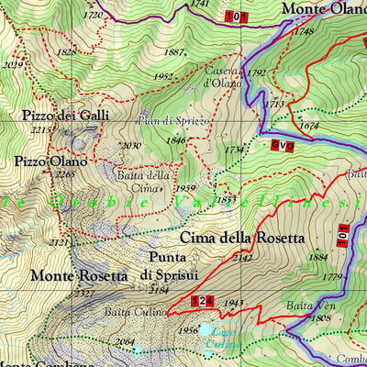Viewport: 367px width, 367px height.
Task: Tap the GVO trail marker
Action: coord(282,145)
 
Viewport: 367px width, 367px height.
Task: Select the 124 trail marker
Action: coord(203,301)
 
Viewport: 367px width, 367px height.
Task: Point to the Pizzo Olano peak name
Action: coord(50,161)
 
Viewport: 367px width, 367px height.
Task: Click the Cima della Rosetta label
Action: coord(241,238)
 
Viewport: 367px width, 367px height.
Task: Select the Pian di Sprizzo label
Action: coord(175,121)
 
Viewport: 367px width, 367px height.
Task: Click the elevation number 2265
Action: coord(64,174)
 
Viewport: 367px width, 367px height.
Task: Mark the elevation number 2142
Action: coord(242,258)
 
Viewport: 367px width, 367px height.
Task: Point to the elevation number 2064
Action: coord(125,342)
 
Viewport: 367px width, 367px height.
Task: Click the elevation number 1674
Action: coord(309,126)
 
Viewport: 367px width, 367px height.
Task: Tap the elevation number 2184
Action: coord(159,291)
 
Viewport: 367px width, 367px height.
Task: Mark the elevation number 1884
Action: coord(318,257)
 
